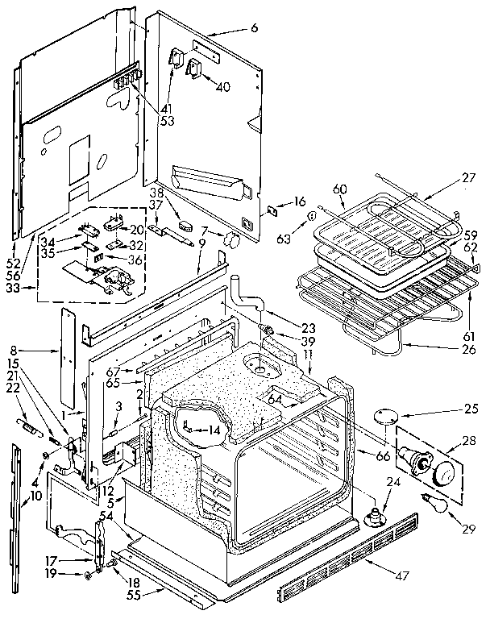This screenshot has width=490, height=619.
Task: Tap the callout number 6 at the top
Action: coord(255,28)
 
